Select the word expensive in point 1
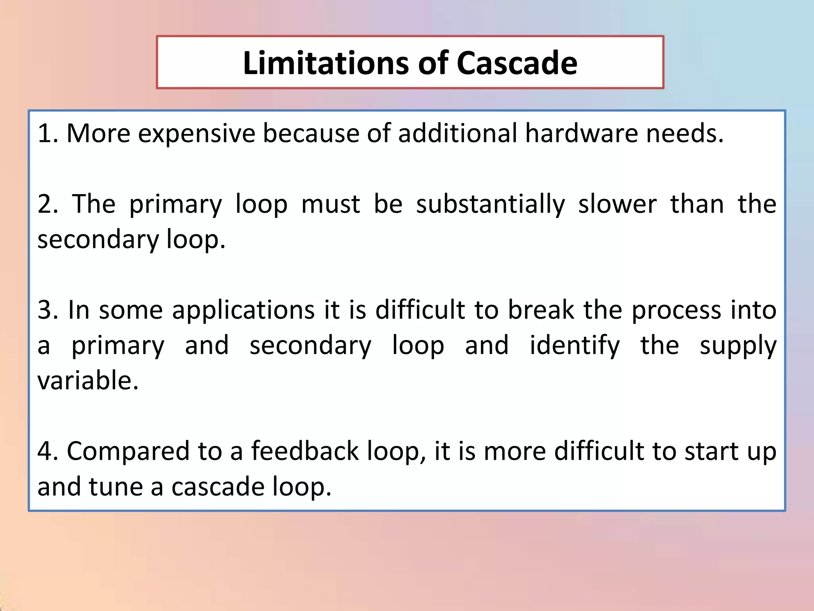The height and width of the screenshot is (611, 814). pyautogui.click(x=196, y=134)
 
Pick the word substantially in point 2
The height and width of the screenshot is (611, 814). pyautogui.click(x=490, y=205)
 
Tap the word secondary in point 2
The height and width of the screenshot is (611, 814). pyautogui.click(x=98, y=240)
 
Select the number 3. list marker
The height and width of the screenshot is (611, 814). pyautogui.click(x=48, y=310)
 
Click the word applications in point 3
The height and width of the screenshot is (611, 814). pyautogui.click(x=243, y=311)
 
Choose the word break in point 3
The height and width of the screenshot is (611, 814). pyautogui.click(x=541, y=310)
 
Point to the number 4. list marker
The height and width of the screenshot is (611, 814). pyautogui.click(x=48, y=451)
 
